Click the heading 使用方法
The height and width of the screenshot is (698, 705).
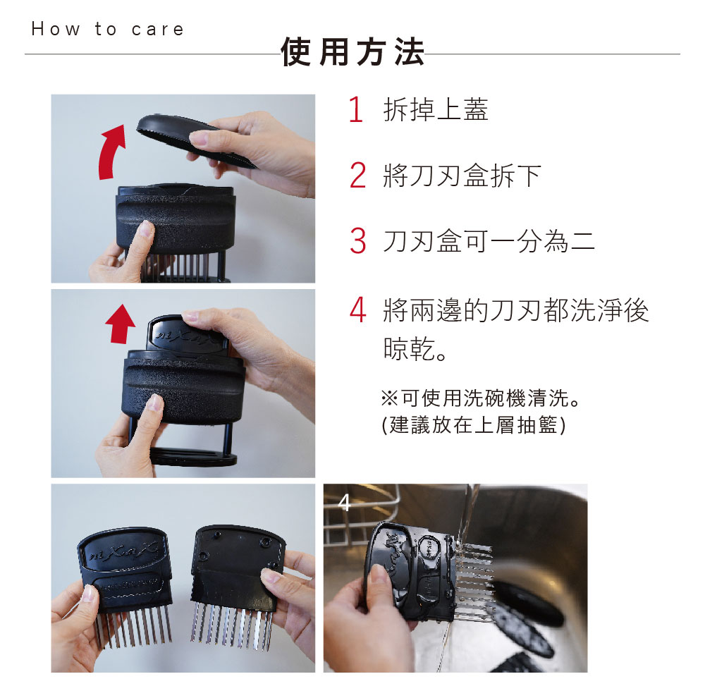(x=353, y=52)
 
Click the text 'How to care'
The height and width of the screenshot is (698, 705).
(x=108, y=29)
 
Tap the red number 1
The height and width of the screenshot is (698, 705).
(x=356, y=109)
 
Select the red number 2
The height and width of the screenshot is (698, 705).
(x=358, y=175)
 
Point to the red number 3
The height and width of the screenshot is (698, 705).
(x=358, y=240)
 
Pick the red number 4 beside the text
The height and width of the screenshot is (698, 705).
(x=358, y=310)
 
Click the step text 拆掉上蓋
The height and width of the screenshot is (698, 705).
(x=436, y=109)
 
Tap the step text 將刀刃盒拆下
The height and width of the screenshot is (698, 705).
(x=462, y=175)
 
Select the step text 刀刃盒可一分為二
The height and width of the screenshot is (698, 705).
(x=489, y=240)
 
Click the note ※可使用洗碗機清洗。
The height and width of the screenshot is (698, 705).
(x=481, y=398)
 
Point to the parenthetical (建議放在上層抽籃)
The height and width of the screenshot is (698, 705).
(x=474, y=424)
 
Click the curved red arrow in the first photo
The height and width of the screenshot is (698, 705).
(x=110, y=153)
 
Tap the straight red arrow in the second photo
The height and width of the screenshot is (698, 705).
(x=120, y=324)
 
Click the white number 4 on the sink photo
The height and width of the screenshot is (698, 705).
(x=344, y=503)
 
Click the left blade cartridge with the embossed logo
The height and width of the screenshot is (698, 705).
(x=125, y=584)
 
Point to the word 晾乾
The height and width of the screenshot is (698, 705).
(x=409, y=349)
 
